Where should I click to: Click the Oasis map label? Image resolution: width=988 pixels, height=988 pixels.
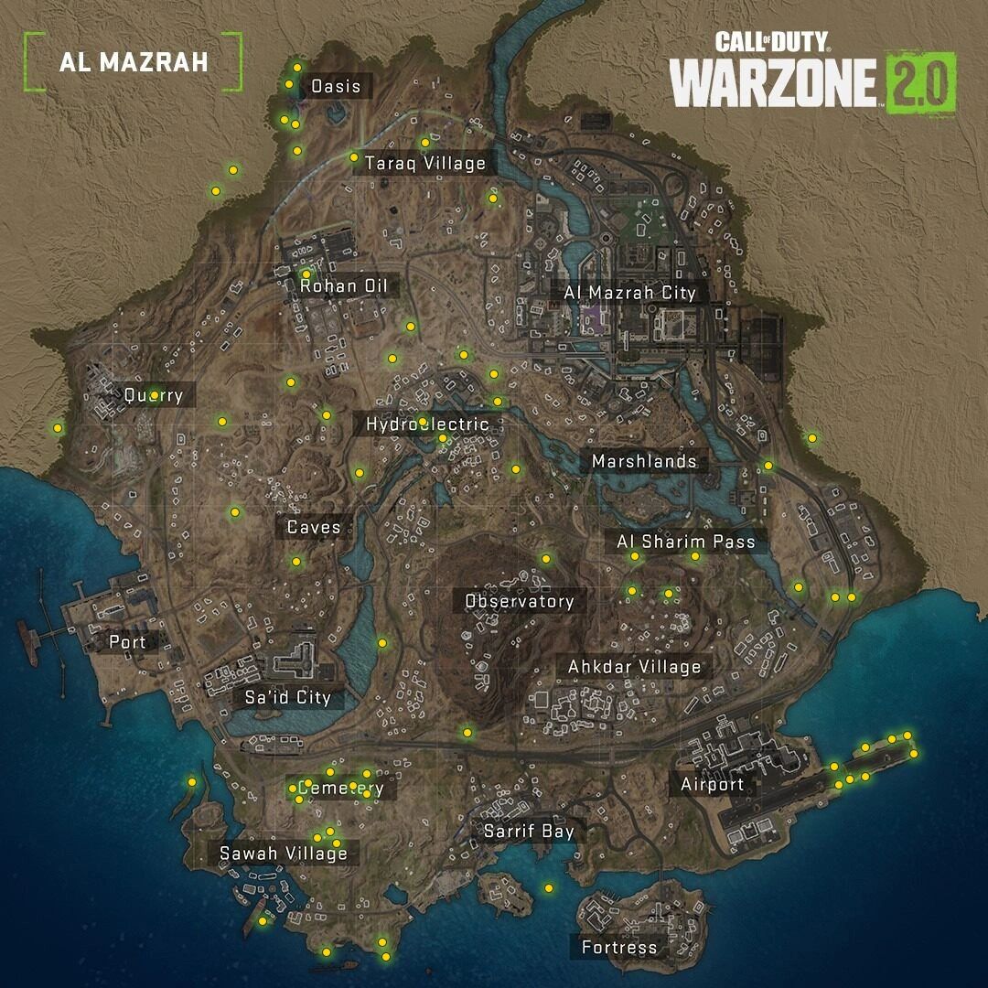point(336,87)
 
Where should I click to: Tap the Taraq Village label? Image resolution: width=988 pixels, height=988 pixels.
point(424,164)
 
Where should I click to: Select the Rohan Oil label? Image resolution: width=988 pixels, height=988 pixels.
point(344,286)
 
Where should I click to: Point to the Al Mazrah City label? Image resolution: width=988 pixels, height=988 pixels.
point(629,293)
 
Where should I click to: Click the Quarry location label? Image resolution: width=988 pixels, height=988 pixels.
point(154,396)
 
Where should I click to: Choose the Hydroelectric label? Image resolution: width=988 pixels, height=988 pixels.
point(427,424)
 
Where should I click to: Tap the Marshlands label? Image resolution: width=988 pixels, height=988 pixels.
point(644,461)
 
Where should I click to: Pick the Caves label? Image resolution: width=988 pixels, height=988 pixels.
point(314,527)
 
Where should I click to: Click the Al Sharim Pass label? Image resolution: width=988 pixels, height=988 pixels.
point(686,542)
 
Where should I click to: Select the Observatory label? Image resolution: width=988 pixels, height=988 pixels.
point(520,601)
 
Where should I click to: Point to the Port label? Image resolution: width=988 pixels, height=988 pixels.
point(127,642)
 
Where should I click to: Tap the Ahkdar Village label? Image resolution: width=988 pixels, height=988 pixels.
point(635,667)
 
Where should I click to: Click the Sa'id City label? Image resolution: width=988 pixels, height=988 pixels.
point(287,698)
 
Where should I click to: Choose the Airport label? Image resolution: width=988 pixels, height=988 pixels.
point(712,784)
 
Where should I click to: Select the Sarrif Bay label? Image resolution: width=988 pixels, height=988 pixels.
point(529,831)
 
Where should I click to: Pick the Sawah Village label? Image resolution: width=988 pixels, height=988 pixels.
point(284,854)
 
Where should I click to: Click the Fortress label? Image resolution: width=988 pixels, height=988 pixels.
point(619,947)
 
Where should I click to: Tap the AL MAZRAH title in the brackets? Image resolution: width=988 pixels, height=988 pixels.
point(134,62)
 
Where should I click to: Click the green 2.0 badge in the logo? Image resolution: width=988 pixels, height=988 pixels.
point(920,83)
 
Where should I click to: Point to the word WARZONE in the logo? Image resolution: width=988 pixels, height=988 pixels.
point(774,84)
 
